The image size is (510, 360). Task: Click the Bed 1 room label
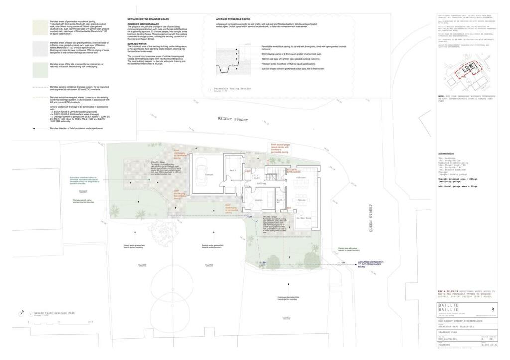[x=232, y=170]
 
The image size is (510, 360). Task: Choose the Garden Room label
[x=304, y=218]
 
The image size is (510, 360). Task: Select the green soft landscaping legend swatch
[x=39, y=69]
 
